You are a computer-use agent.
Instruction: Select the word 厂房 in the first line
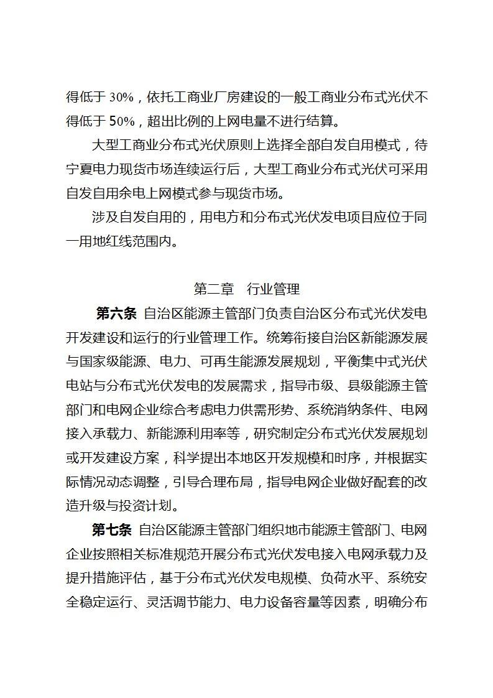pos(222,98)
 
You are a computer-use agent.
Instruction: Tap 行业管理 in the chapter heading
pos(274,289)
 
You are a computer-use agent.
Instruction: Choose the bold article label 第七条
pos(112,531)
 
